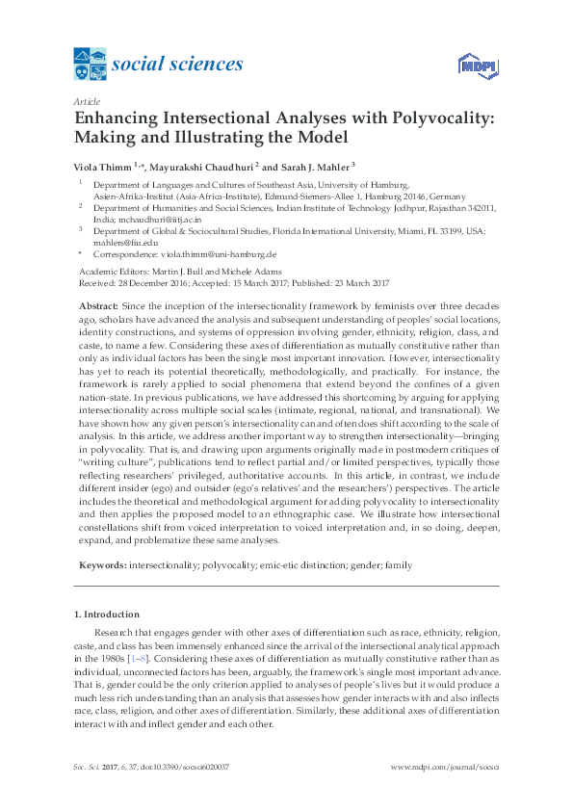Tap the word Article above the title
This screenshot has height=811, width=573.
(x=87, y=100)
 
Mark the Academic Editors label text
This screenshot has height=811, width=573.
(x=107, y=273)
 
